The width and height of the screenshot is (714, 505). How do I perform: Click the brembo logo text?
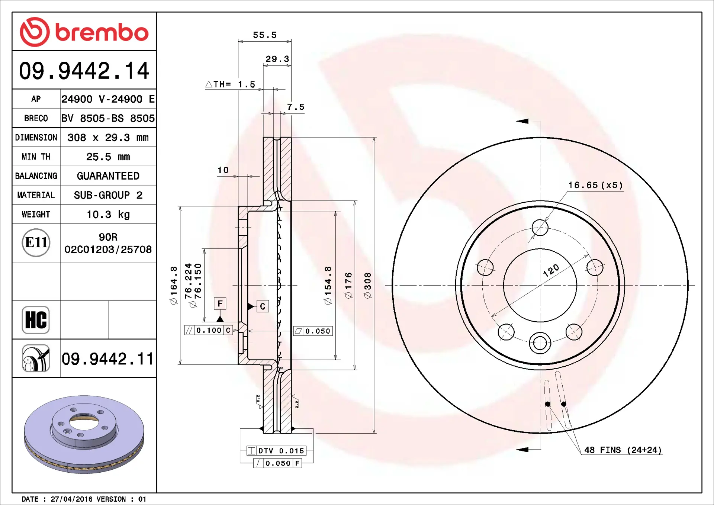[102, 32]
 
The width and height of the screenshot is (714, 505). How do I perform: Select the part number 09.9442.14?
[84, 71]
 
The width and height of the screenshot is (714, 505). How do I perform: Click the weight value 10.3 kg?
[108, 215]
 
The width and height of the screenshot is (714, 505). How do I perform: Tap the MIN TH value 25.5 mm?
[108, 157]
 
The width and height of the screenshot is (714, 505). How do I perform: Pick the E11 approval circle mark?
[36, 242]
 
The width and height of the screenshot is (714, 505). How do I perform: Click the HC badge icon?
[36, 320]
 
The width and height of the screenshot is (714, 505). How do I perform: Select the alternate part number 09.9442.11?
[107, 359]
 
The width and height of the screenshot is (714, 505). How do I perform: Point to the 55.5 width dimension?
[265, 35]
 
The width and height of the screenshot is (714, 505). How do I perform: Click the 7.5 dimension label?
[296, 107]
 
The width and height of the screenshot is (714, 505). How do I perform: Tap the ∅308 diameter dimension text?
[368, 285]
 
